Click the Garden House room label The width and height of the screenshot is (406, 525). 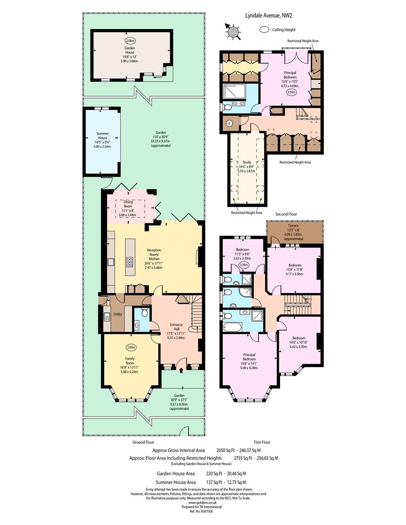click(130, 50)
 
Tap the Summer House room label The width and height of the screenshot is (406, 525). click(103, 136)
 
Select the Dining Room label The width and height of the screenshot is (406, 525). click(128, 204)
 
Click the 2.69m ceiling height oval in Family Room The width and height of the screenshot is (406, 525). click(131, 347)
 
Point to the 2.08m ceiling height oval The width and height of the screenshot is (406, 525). click(130, 41)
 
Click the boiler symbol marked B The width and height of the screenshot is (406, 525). click(229, 123)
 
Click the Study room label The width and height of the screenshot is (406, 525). click(247, 162)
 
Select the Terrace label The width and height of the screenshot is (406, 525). click(293, 226)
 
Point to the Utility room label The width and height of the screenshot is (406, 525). click(118, 315)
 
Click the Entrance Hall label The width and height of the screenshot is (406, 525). click(176, 327)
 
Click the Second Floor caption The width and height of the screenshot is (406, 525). click(286, 214)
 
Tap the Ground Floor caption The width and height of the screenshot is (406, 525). click(143, 442)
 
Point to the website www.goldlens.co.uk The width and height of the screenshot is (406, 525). click(202, 503)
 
